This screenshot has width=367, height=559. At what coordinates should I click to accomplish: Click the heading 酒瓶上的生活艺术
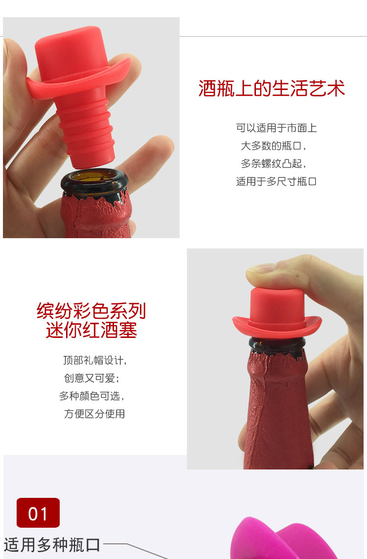click(272, 89)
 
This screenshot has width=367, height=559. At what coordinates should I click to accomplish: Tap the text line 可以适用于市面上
click(276, 128)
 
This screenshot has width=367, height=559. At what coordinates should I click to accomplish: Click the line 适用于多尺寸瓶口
click(276, 181)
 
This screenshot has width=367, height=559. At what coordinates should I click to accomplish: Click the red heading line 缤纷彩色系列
click(92, 311)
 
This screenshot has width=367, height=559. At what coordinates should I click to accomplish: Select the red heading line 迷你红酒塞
click(92, 330)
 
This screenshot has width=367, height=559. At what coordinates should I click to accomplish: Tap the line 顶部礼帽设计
click(95, 360)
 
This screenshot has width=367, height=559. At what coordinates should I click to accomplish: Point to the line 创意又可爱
click(92, 378)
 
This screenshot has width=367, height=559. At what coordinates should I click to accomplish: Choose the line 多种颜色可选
click(92, 396)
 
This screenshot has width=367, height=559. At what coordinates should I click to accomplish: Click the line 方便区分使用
click(94, 414)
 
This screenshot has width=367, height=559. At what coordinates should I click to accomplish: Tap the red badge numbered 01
click(38, 513)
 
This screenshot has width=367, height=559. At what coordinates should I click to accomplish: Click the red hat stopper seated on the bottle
click(277, 313)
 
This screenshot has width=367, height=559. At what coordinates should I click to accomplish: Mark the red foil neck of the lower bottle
click(277, 410)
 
